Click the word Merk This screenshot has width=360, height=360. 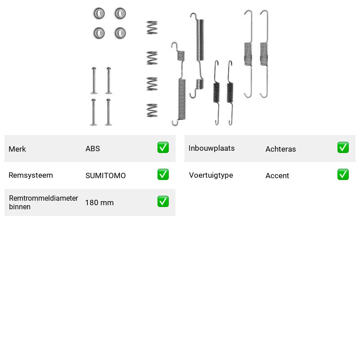tap(17, 149)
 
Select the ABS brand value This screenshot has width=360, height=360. tap(93, 148)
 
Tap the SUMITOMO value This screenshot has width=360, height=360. tap(106, 175)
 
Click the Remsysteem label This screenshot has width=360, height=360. tap(31, 175)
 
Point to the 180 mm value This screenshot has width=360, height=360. tap(99, 203)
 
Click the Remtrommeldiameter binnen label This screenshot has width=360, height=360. tap(43, 202)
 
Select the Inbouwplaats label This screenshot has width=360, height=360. tap(211, 148)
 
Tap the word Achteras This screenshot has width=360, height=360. tap(280, 149)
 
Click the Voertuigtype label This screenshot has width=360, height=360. tap(211, 175)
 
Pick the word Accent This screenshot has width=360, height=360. tap(277, 175)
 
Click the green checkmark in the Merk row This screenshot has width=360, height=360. tap(163, 148)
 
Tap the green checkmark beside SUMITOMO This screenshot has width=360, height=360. tap(163, 175)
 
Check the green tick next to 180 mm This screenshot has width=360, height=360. tap(163, 201)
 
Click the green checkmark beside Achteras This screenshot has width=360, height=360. tap(343, 148)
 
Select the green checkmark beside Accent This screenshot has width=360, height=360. tap(343, 175)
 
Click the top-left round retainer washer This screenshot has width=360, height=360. tap(99, 13)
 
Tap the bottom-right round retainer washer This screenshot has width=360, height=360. tap(120, 33)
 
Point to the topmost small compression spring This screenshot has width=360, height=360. tap(152, 27)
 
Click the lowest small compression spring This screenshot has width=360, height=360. tap(152, 110)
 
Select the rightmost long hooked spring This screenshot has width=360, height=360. tap(264, 54)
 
